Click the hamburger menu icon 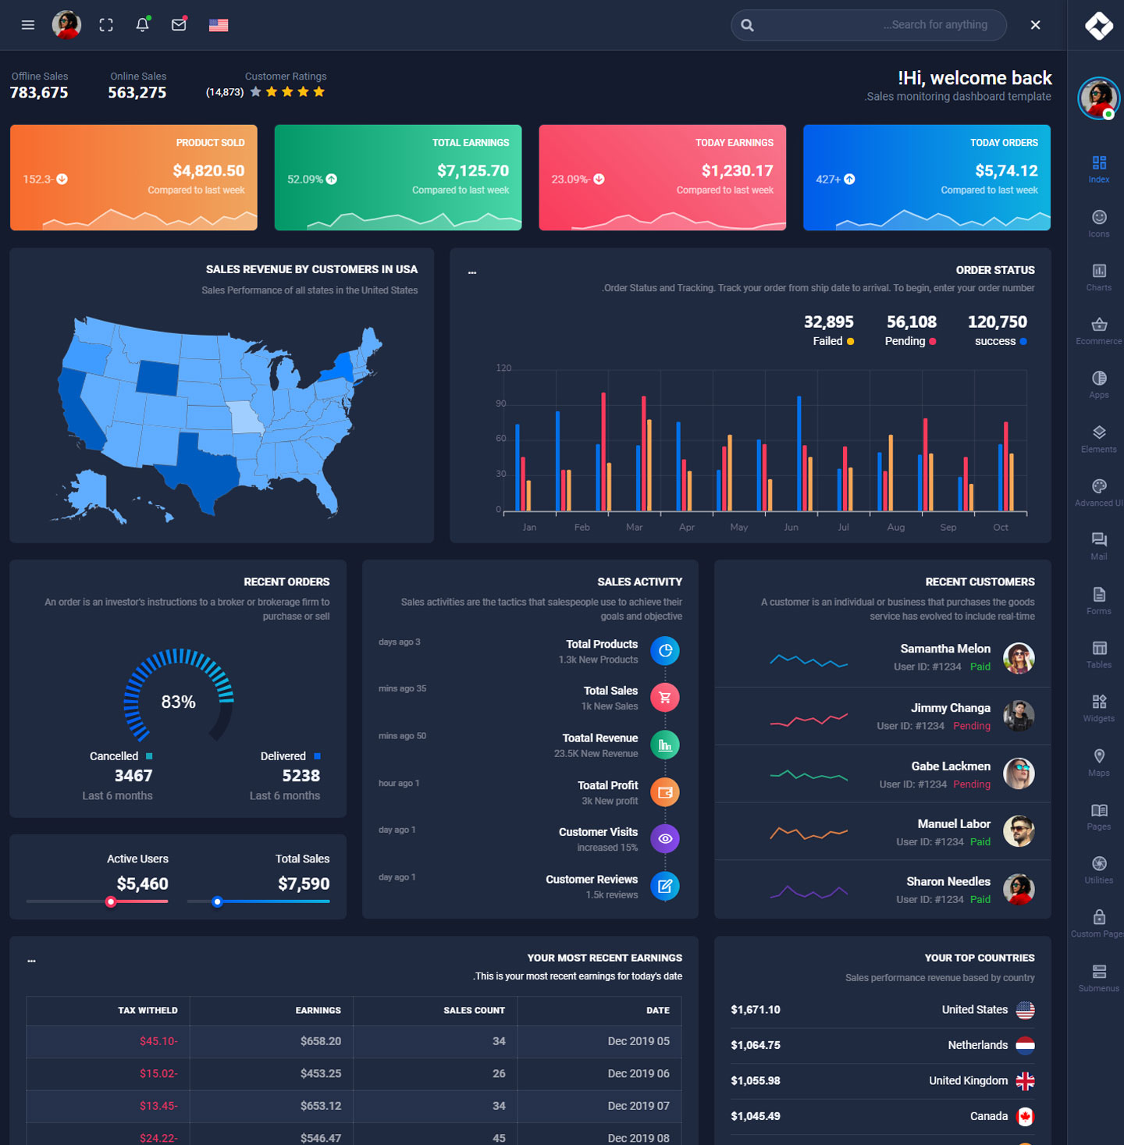pyautogui.click(x=28, y=25)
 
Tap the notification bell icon pyautogui.click(x=142, y=25)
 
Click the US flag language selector pyautogui.click(x=219, y=25)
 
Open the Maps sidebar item pyautogui.click(x=1098, y=762)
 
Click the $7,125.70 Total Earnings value pyautogui.click(x=472, y=171)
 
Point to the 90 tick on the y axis pyautogui.click(x=501, y=404)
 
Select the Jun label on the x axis pyautogui.click(x=791, y=528)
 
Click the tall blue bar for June pyautogui.click(x=799, y=453)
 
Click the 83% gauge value pyautogui.click(x=178, y=702)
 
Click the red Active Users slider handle pyautogui.click(x=111, y=901)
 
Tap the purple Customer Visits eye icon pyautogui.click(x=665, y=839)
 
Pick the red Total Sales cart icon pyautogui.click(x=665, y=698)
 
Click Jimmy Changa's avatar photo pyautogui.click(x=1019, y=716)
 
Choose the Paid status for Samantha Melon pyautogui.click(x=980, y=667)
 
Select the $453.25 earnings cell pyautogui.click(x=320, y=1073)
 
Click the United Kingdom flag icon pyautogui.click(x=1025, y=1081)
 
